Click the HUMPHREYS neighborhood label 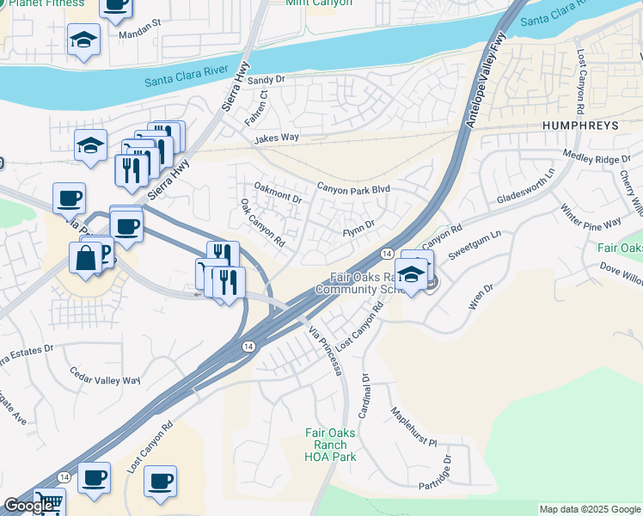[580, 126]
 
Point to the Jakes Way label [277, 138]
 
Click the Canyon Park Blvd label [353, 187]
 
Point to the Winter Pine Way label [591, 216]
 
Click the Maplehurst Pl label [414, 427]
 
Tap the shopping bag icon [86, 256]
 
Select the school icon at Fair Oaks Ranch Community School [413, 274]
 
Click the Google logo [28, 506]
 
